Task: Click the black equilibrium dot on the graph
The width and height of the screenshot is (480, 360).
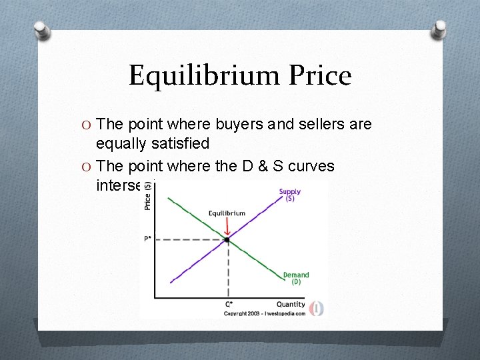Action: [227, 239]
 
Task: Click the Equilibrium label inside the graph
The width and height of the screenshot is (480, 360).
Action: [227, 213]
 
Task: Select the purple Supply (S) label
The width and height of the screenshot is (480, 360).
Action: [290, 195]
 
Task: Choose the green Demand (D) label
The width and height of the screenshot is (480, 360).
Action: [296, 278]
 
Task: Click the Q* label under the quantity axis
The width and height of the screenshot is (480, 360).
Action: [228, 305]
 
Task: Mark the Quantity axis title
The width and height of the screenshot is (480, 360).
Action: [291, 304]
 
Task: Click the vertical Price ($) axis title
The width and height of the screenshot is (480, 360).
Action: [147, 196]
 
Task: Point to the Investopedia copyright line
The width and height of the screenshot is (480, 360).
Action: [264, 312]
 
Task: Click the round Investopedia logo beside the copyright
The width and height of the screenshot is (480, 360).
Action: [316, 309]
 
